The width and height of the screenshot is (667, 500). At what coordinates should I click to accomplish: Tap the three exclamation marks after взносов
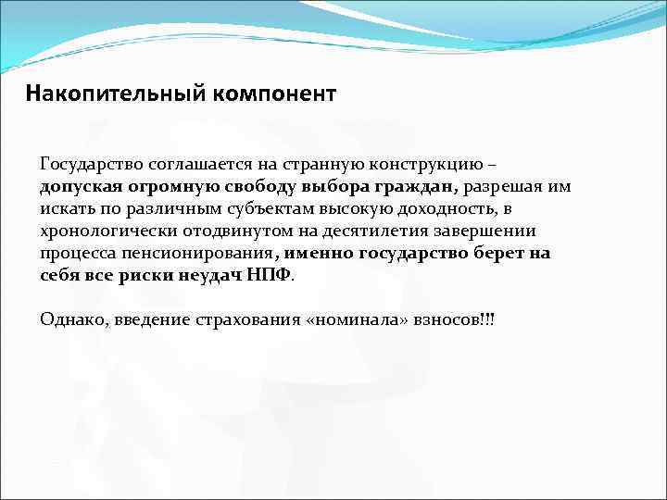(x=486, y=319)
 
